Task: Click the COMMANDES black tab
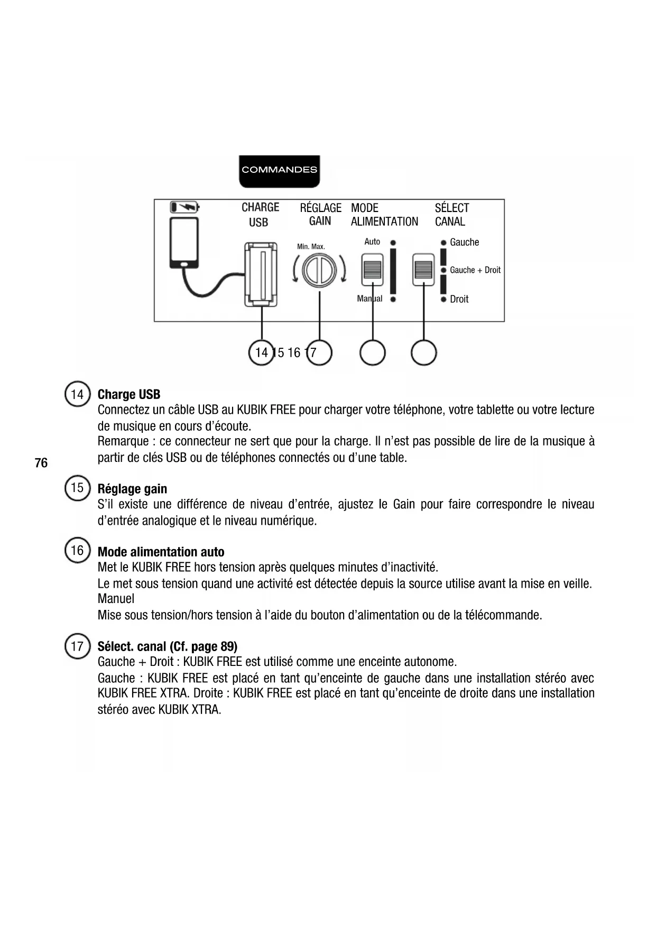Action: click(279, 171)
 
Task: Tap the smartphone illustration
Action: click(184, 243)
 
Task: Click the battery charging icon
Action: click(184, 206)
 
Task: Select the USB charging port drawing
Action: click(261, 274)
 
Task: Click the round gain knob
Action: click(319, 271)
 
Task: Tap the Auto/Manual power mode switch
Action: click(372, 270)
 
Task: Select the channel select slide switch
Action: click(423, 270)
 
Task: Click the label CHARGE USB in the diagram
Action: click(260, 215)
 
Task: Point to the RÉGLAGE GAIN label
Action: click(320, 215)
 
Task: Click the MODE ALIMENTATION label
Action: click(384, 215)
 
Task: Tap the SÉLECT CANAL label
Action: click(451, 215)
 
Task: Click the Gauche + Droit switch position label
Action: click(475, 270)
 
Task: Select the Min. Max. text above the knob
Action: click(311, 247)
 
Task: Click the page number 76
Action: click(41, 463)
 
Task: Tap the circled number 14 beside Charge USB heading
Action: click(77, 395)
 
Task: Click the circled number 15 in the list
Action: click(77, 488)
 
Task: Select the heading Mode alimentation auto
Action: click(161, 552)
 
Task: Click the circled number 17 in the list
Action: click(77, 646)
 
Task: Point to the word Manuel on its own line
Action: click(116, 599)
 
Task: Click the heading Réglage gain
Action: click(132, 489)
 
